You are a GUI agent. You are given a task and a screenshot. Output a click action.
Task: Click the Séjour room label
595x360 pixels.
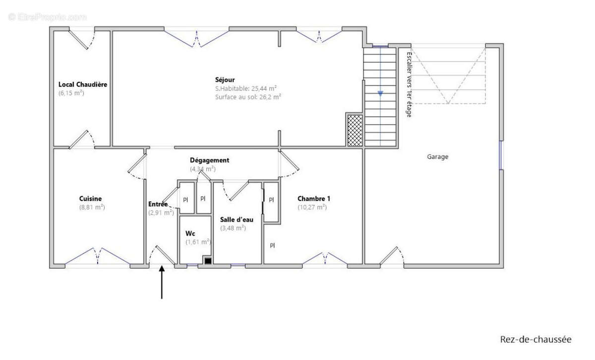(x=225, y=79)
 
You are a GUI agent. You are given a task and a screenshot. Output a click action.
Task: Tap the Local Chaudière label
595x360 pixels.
(x=83, y=84)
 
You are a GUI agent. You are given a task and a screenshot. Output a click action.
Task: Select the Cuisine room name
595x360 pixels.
(x=90, y=198)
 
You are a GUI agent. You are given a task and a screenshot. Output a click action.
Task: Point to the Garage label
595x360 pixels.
(x=437, y=157)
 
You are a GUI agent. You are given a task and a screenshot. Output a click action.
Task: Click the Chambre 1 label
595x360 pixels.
(x=314, y=198)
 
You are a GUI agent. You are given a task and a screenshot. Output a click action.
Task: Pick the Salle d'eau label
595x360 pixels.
(x=237, y=219)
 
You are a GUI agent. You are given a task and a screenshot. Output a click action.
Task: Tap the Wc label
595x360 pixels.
(x=190, y=233)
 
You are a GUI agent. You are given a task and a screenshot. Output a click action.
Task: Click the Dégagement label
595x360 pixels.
(x=209, y=160)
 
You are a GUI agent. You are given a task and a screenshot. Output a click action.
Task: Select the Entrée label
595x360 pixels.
(x=158, y=204)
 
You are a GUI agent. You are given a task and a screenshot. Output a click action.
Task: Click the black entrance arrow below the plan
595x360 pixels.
(x=162, y=283)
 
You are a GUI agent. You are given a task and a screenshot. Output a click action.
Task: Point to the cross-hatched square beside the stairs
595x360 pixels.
(x=355, y=130)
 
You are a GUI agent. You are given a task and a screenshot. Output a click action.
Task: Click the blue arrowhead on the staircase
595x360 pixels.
(x=380, y=93)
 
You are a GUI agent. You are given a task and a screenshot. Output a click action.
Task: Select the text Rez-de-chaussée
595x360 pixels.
(x=535, y=339)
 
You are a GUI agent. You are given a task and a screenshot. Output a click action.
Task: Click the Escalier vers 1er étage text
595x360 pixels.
(x=409, y=84)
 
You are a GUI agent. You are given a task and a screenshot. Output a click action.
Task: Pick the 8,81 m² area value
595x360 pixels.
(x=92, y=207)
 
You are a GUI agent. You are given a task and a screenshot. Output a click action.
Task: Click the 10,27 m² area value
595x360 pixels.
(x=312, y=207)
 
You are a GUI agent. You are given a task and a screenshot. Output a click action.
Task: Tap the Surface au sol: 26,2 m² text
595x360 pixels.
(x=248, y=97)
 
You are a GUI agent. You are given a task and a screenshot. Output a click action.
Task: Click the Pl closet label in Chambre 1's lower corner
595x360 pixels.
(x=272, y=245)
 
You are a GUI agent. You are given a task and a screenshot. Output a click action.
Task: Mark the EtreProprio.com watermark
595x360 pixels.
(x=47, y=17)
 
